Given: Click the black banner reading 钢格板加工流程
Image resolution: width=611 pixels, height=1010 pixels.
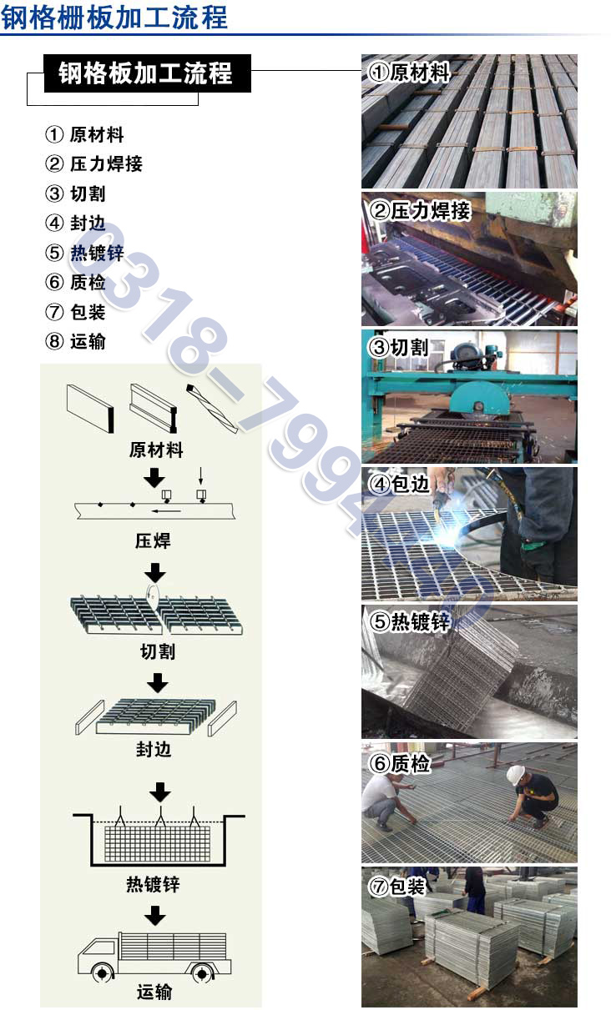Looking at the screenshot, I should point(146,73).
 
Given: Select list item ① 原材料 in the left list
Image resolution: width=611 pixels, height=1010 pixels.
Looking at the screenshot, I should point(84,134).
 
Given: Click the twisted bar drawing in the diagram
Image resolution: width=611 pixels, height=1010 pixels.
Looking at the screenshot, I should point(213,408).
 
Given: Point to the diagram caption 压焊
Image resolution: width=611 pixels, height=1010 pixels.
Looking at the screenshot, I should point(154,540).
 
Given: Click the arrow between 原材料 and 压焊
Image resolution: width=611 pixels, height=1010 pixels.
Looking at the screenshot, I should point(154,479).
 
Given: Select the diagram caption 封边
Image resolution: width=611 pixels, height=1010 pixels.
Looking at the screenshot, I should point(154,749).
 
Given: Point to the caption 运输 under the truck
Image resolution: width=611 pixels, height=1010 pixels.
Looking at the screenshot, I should point(154,992).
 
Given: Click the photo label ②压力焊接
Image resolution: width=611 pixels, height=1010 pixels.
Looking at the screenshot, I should point(420,211).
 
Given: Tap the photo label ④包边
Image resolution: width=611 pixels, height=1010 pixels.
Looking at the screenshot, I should point(399,484).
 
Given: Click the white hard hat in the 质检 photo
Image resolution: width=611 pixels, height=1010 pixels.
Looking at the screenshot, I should point(516,774).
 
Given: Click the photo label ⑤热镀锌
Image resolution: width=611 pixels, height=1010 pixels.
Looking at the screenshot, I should point(409,621).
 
